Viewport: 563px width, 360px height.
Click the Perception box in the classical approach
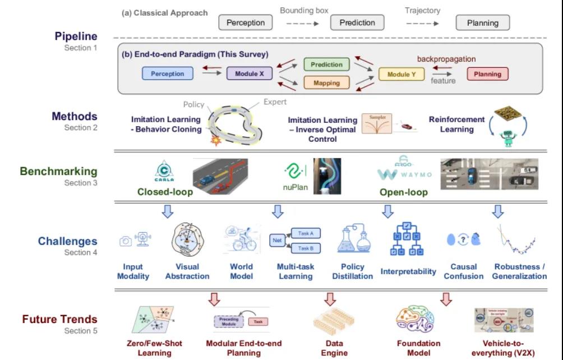(x=245, y=23)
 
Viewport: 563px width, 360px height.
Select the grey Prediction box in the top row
(x=357, y=23)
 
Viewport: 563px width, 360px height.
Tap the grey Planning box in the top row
(x=482, y=23)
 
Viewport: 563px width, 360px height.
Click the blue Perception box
(x=167, y=73)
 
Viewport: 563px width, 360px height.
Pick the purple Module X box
(x=250, y=73)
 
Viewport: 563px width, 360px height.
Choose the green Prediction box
(x=326, y=64)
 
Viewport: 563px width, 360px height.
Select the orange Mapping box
(x=326, y=83)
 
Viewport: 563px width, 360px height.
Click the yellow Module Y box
(x=402, y=74)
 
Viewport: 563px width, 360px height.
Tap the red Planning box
(x=487, y=74)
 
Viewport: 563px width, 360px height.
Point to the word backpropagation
(x=446, y=59)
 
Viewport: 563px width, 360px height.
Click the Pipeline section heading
(x=76, y=36)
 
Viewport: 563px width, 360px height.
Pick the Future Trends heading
(x=59, y=320)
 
